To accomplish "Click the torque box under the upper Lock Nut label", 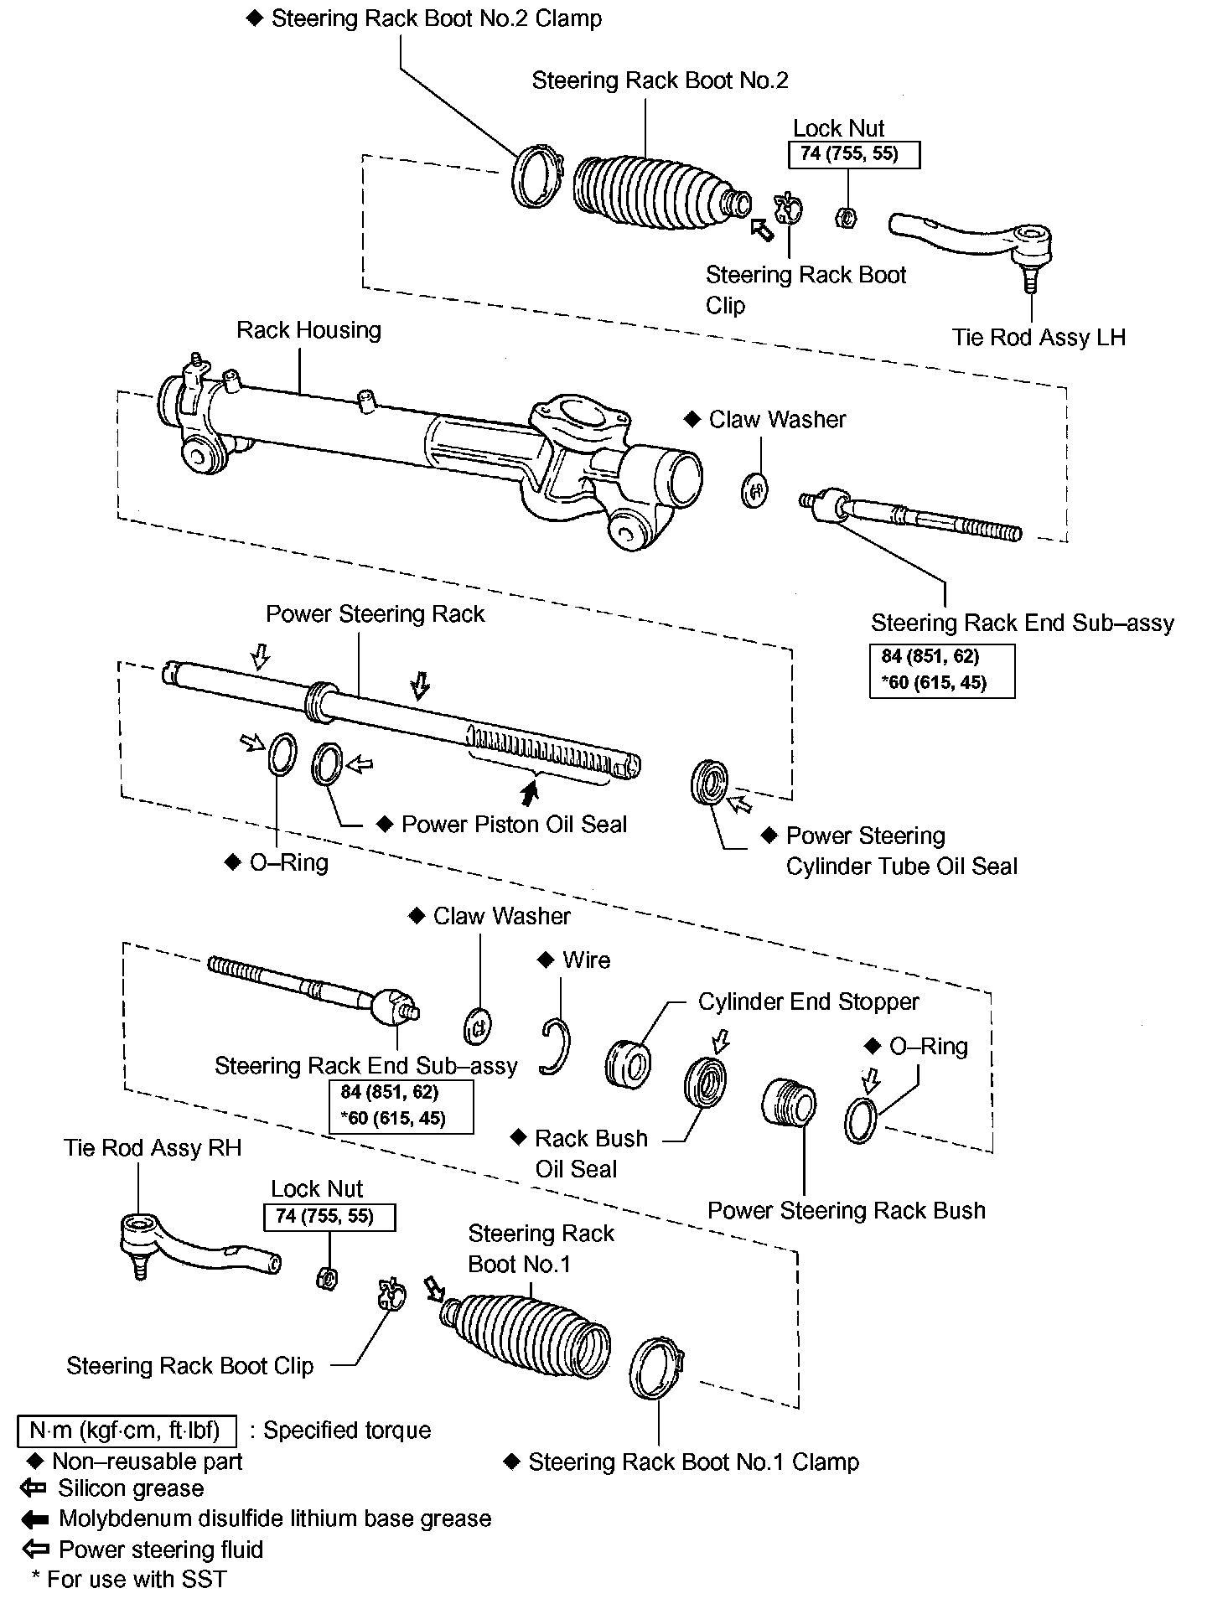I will (x=854, y=154).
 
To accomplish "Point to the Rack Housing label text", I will (x=308, y=330).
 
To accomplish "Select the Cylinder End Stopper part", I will (x=628, y=1063).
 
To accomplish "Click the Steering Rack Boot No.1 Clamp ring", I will (x=656, y=1368).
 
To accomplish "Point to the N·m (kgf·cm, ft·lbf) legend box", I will (x=127, y=1431).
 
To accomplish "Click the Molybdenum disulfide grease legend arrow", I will (x=34, y=1519).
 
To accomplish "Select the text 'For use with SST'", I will (x=136, y=1580).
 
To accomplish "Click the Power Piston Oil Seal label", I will (x=514, y=825).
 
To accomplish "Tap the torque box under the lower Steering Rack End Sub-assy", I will (x=401, y=1106).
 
